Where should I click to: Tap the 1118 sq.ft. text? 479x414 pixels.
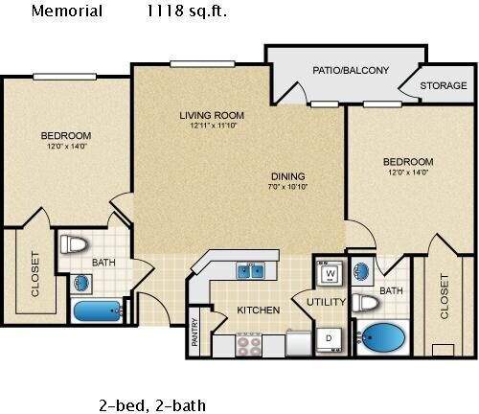coord(186,11)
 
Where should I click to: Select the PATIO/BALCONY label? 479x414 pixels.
coord(351,70)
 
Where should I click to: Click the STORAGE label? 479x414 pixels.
coord(445,84)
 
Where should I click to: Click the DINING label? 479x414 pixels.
coord(287,175)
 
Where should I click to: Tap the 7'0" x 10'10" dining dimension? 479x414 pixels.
coord(287,188)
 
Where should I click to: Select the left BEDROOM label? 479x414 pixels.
coord(65,135)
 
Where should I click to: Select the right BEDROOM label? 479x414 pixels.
coord(407,162)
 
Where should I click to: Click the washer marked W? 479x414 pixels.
coord(330,273)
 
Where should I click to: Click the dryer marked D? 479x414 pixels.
coord(330,338)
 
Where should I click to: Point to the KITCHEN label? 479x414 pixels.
coord(259,310)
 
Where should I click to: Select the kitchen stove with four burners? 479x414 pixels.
coord(250,343)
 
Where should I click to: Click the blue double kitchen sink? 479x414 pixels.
coord(252,271)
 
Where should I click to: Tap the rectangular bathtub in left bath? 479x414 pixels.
coord(97,311)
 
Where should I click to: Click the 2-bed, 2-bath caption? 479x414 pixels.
coord(151,404)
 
